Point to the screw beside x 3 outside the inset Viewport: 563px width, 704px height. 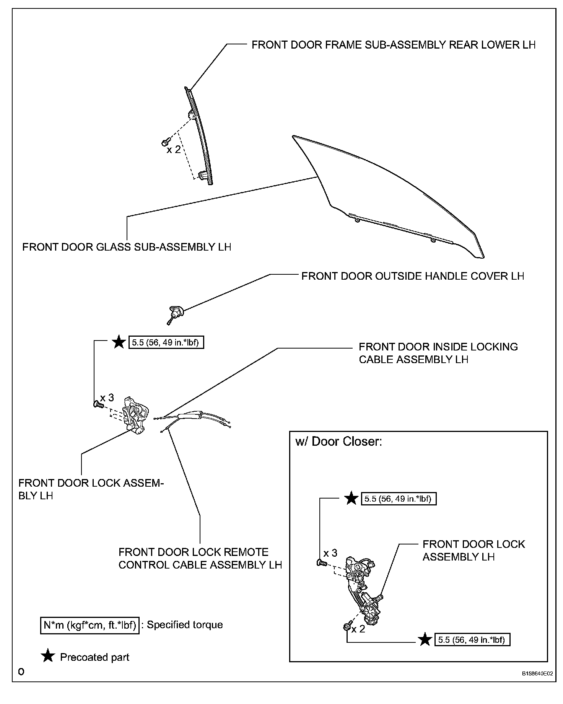(x=98, y=404)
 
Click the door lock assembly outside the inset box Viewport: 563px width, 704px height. (x=135, y=415)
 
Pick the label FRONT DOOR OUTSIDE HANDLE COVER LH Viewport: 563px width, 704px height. (x=412, y=276)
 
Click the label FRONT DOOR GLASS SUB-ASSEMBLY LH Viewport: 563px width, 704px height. (x=127, y=247)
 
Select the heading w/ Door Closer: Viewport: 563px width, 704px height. (x=339, y=442)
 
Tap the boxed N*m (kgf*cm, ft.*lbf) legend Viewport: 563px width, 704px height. (x=90, y=625)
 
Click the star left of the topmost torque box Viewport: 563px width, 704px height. (x=119, y=342)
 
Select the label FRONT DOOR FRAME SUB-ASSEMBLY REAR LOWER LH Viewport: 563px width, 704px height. (x=393, y=45)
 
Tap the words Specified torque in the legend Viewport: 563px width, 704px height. (x=185, y=625)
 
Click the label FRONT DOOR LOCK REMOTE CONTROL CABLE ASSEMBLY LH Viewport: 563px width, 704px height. (x=200, y=558)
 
